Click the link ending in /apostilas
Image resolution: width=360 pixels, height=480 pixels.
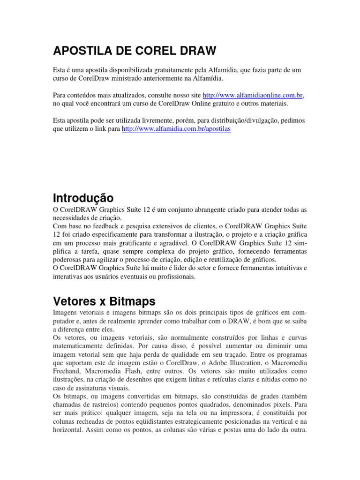pos(176,129)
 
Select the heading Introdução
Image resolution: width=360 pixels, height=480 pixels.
pos(83,197)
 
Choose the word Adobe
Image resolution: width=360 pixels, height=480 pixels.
pos(220,363)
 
